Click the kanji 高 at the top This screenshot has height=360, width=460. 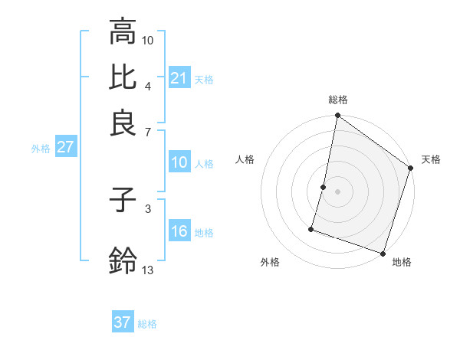123,32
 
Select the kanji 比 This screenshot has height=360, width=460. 123,78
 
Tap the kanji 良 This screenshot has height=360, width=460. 123,123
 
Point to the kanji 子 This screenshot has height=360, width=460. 123,201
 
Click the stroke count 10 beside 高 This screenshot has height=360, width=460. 148,39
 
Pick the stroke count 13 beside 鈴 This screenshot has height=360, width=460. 148,270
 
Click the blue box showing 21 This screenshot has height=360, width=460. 179,78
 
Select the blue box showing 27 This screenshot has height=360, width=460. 65,147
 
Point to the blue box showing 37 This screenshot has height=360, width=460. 123,322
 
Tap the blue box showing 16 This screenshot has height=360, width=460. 179,231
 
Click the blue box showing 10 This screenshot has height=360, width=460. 179,162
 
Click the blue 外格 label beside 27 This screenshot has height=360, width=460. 41,149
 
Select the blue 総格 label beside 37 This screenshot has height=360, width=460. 147,324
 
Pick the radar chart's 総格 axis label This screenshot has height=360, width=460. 338,100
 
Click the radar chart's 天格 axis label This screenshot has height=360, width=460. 431,159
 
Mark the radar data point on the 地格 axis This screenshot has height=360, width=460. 382,253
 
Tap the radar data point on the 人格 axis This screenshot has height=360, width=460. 324,187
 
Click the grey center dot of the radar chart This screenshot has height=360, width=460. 338,191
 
